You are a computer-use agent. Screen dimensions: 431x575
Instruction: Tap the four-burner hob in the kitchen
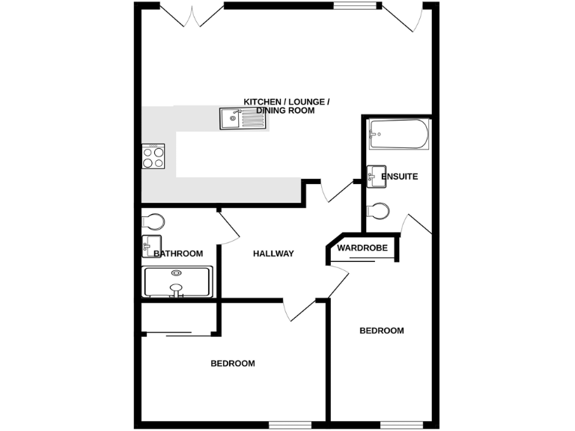pyautogui.click(x=153, y=156)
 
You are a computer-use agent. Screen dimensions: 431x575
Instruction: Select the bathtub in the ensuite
pyautogui.click(x=398, y=136)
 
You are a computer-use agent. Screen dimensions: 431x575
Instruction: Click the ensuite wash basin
pyautogui.click(x=375, y=175)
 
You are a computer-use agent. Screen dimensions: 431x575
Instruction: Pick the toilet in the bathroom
pyautogui.click(x=153, y=221)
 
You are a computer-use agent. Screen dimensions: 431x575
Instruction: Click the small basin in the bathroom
pyautogui.click(x=151, y=243)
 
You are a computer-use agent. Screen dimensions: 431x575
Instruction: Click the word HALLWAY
pyautogui.click(x=273, y=254)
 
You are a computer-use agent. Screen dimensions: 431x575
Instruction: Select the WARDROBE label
pyautogui.click(x=362, y=248)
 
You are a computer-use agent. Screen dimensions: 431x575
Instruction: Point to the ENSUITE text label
pyautogui.click(x=399, y=177)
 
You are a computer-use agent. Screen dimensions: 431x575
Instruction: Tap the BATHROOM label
pyautogui.click(x=178, y=254)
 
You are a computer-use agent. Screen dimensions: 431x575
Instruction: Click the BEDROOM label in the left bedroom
pyautogui.click(x=232, y=364)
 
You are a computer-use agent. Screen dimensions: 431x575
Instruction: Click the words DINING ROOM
pyautogui.click(x=285, y=111)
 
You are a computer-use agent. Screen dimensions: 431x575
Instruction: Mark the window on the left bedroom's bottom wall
pyautogui.click(x=289, y=426)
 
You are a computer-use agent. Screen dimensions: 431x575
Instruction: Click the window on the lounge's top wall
pyautogui.click(x=356, y=5)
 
